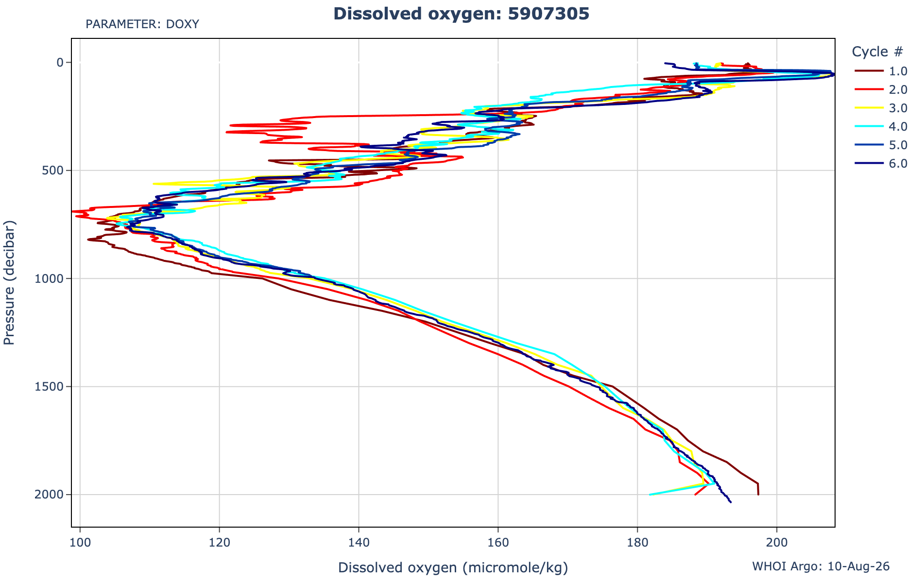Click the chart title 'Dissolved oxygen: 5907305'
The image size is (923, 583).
coord(461,14)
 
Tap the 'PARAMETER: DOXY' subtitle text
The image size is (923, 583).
coord(142,24)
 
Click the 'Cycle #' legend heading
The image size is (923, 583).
coord(878,51)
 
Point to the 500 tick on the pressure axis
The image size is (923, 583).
coord(55,171)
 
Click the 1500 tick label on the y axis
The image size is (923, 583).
coord(52,387)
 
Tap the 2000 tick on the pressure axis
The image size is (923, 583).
coord(52,495)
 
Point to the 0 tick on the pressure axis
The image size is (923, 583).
coord(61,62)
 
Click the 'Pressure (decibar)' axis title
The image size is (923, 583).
coord(9,283)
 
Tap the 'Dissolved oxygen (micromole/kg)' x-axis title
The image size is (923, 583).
coord(453,567)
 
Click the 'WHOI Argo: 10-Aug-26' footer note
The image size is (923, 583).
coord(821,566)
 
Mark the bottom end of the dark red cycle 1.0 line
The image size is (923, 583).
coord(758,495)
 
